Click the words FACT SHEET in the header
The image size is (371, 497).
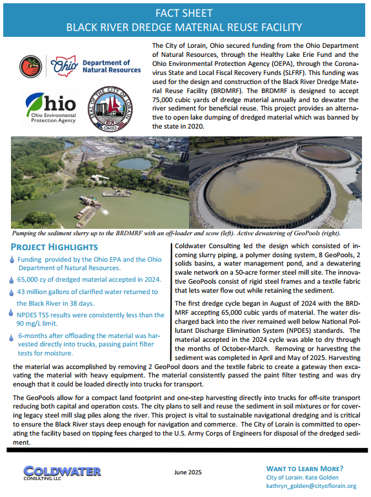coord(185,13)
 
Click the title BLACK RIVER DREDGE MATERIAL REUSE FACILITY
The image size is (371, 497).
coord(185,27)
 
